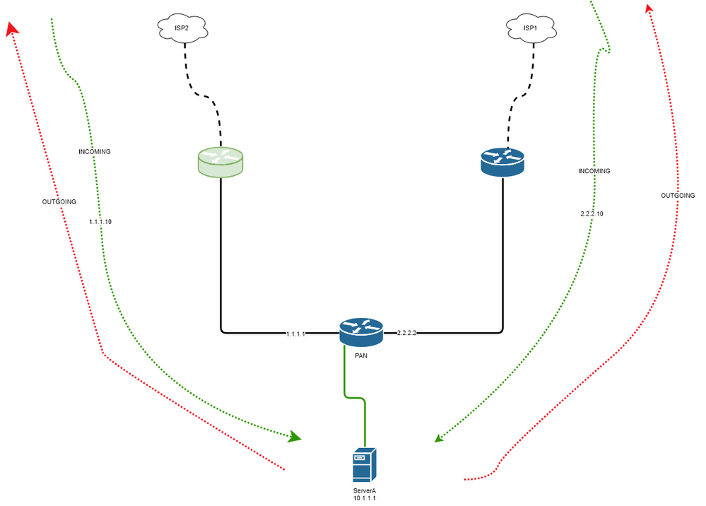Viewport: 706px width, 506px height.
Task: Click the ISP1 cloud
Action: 530,29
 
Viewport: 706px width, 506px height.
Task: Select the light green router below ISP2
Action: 219,163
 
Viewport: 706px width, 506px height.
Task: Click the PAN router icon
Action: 360,331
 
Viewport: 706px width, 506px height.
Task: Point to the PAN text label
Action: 360,355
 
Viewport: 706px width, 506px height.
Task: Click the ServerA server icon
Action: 365,464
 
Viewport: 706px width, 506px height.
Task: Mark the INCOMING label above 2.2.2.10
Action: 594,171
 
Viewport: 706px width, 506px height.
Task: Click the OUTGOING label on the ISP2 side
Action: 59,201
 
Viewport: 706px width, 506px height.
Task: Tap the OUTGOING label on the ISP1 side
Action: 678,195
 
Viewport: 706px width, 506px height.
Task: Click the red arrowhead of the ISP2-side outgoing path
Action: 11,28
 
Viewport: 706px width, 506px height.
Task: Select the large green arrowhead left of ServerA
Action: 294,437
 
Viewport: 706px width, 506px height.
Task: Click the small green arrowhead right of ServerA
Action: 439,438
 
